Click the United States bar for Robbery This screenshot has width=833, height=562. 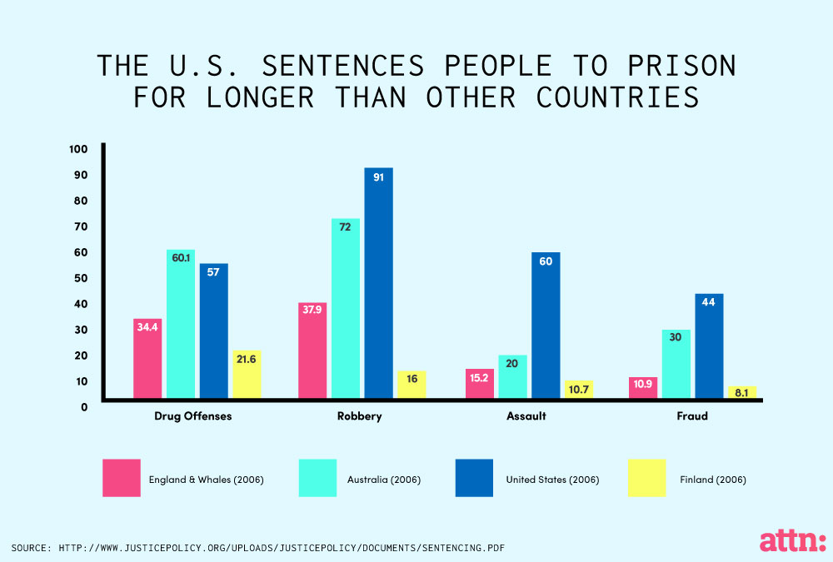378,283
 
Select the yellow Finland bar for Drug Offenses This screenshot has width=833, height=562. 247,375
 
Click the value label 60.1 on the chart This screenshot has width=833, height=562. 181,258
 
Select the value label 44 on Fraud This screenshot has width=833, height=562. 709,302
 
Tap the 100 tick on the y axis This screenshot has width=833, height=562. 78,149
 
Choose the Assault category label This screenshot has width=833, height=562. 526,416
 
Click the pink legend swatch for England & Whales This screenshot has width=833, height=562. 122,478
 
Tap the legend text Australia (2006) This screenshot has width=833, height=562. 384,480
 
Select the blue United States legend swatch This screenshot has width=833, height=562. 474,478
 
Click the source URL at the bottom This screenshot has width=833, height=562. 258,548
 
